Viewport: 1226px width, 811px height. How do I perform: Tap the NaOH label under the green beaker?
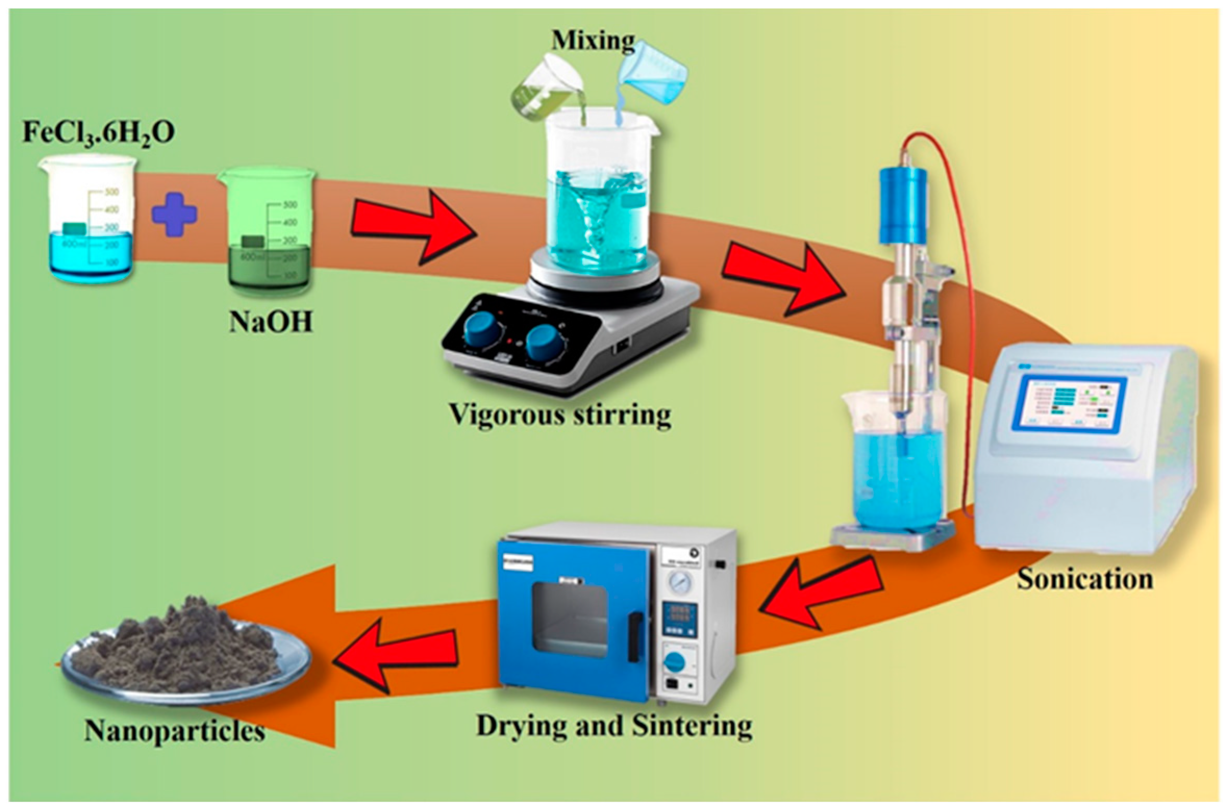271,322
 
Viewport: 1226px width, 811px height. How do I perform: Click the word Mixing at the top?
593,41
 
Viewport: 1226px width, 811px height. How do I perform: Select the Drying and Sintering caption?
614,726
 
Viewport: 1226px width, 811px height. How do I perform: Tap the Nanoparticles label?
174,731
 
